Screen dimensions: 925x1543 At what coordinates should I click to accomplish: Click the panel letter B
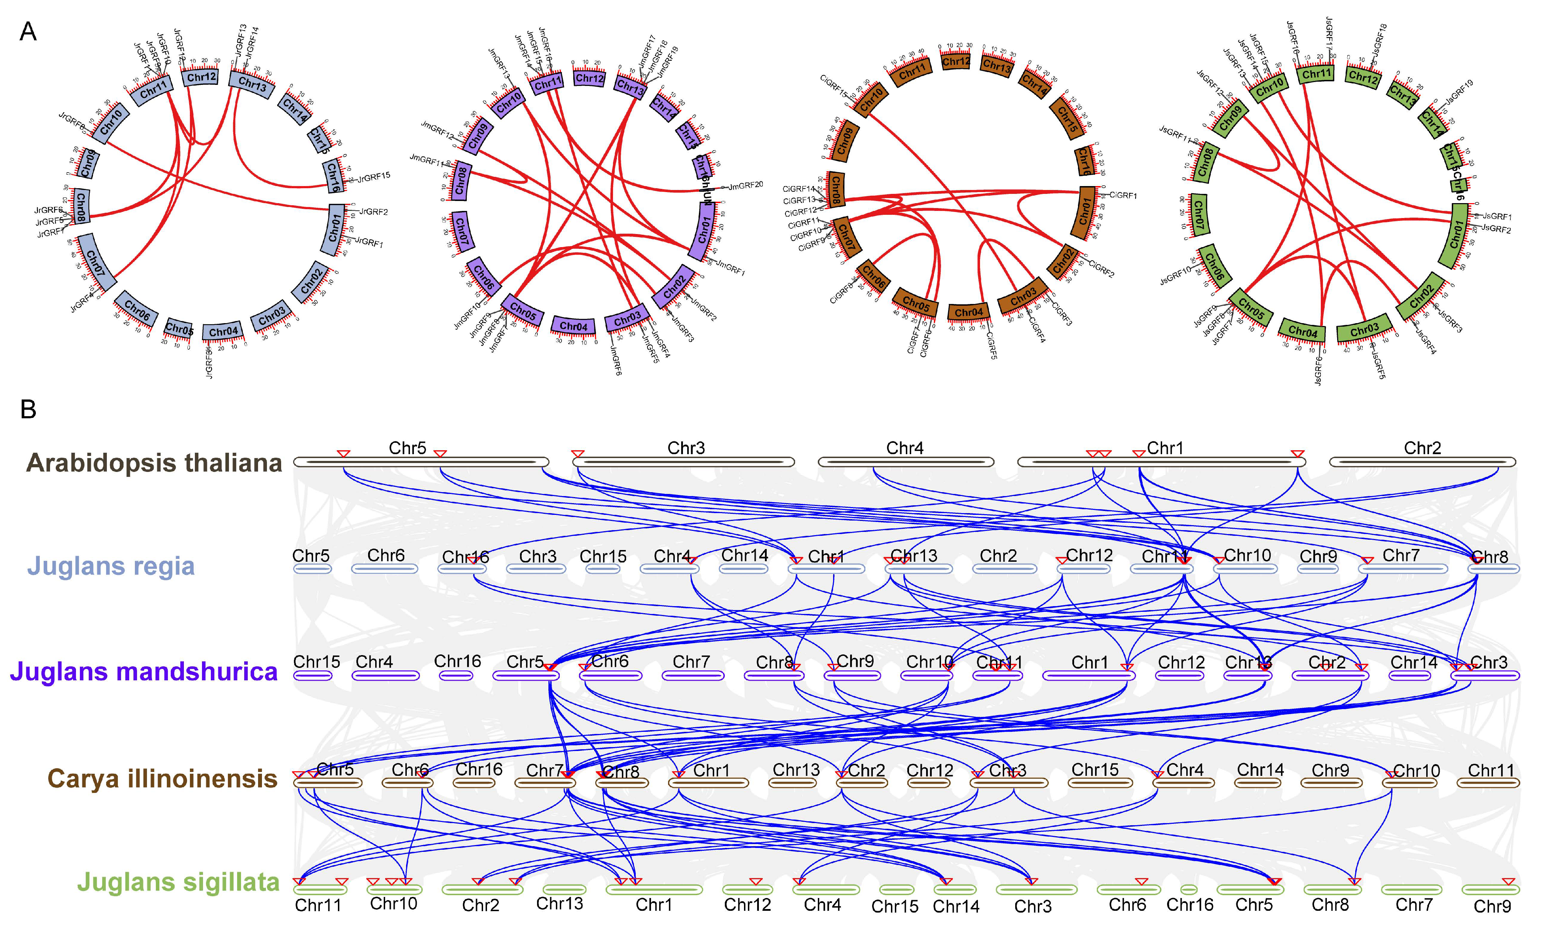coord(28,409)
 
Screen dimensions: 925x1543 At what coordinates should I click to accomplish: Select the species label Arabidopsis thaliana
coord(154,463)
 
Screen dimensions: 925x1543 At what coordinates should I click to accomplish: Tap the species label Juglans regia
coord(111,566)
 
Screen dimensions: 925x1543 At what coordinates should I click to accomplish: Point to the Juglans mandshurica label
coord(144,672)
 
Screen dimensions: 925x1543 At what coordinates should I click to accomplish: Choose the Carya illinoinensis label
coord(163,778)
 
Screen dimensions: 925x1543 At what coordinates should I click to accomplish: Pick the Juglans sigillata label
coord(178,883)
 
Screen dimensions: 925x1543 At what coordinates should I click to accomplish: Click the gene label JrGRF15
coord(374,177)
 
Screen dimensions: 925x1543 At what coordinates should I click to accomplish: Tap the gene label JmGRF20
coord(746,185)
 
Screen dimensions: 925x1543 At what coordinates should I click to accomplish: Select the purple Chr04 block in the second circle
coord(573,326)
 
